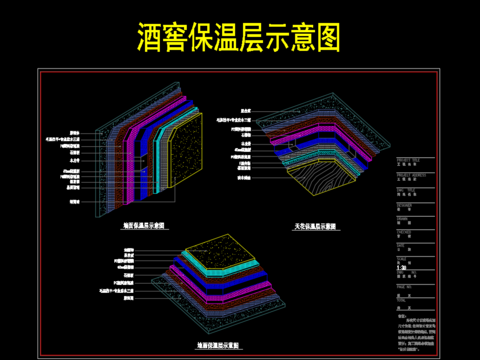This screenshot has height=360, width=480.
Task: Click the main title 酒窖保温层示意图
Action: pyautogui.click(x=240, y=37)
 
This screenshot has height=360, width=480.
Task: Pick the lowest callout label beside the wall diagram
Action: pyautogui.click(x=73, y=201)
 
